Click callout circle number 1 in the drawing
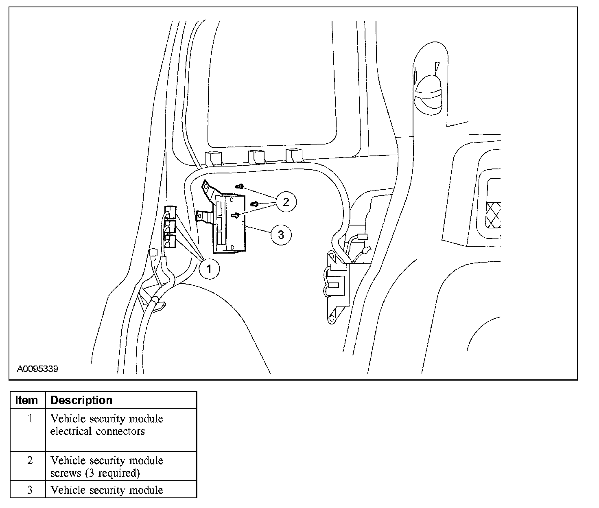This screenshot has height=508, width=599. pos(210,269)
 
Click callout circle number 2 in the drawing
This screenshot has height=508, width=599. pos(286,201)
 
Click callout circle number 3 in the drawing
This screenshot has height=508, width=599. pos(280,234)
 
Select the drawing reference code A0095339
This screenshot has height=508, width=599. pos(38,369)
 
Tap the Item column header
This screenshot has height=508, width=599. pos(27,400)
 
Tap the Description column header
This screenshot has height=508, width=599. pos(81,400)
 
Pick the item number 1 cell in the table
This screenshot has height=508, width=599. pos(30,419)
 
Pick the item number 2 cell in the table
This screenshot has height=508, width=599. pos(30,461)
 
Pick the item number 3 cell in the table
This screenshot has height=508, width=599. pos(30,490)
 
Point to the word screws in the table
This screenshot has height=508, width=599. pos(63,473)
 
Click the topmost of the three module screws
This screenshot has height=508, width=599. pos(240,186)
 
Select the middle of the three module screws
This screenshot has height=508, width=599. pos(255,204)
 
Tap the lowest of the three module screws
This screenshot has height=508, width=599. pos(235,215)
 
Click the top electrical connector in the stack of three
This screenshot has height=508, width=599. pos(170,212)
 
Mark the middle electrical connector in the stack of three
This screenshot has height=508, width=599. pos(170,227)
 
